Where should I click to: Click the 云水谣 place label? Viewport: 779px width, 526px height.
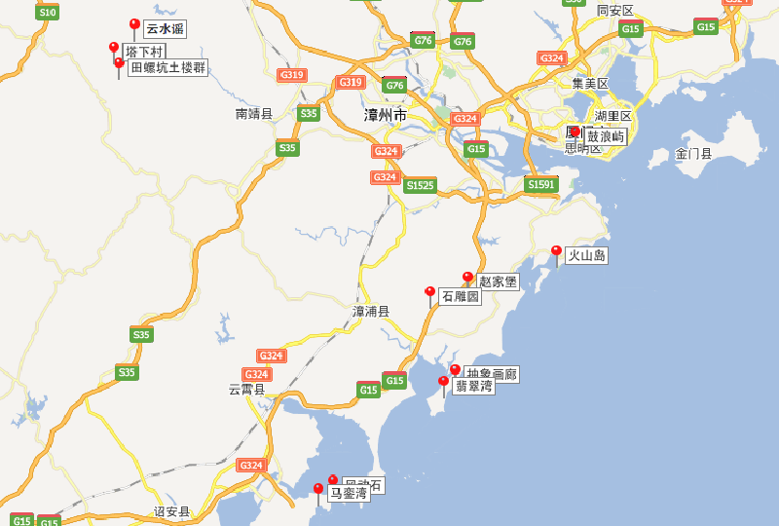point(165,29)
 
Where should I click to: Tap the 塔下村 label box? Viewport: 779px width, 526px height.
point(144,51)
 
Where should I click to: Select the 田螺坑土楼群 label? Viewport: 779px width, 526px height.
point(167,67)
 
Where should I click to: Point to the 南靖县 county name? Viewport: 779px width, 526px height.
point(254,114)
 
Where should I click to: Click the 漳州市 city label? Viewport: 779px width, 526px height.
point(386,115)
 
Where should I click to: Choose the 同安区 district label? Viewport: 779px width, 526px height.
point(615,11)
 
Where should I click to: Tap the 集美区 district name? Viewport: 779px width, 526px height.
point(590,84)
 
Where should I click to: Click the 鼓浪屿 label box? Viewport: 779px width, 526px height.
point(606,136)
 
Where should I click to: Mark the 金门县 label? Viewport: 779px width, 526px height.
point(694,154)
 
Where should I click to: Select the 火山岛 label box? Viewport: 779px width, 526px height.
point(587,255)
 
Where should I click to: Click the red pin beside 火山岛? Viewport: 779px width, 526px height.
point(556,251)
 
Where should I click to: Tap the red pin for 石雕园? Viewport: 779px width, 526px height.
point(429,292)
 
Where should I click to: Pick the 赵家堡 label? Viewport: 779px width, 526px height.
point(498,282)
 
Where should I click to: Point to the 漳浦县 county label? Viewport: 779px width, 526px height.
point(370,312)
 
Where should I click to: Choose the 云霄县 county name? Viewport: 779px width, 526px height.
point(247,389)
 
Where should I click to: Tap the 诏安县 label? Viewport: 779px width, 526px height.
point(172,511)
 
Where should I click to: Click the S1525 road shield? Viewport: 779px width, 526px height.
point(420,184)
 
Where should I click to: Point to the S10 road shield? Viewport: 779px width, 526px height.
point(47,12)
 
